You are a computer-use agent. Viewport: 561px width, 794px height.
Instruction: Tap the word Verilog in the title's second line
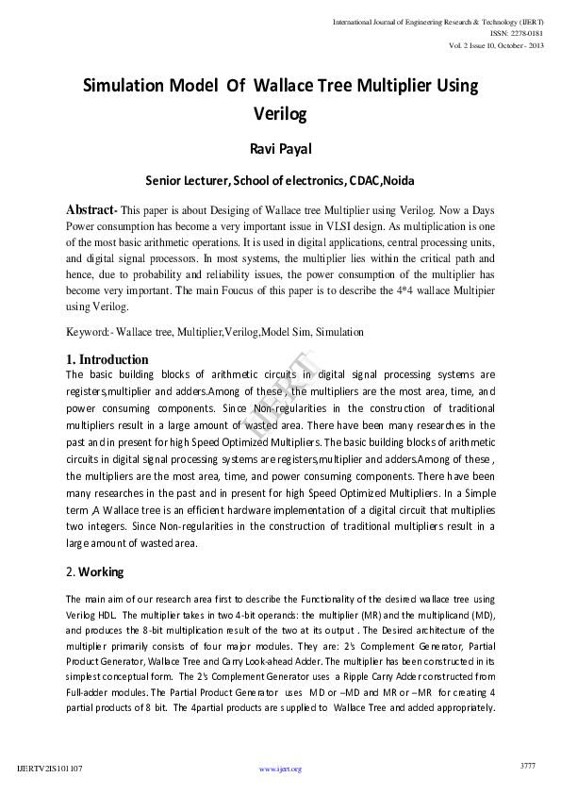tap(280, 115)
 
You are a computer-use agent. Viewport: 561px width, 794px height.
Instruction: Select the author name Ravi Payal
tap(280, 149)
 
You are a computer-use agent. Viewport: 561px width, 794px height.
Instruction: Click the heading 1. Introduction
tap(107, 359)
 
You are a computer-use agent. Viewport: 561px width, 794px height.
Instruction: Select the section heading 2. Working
tap(95, 571)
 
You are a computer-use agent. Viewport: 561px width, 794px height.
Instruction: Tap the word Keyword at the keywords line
tap(88, 332)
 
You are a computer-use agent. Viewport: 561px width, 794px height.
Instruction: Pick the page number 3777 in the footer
tap(527, 766)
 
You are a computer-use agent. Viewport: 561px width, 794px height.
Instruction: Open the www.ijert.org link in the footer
tap(280, 769)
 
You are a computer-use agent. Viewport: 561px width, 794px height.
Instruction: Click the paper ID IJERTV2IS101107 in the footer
tap(50, 769)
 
